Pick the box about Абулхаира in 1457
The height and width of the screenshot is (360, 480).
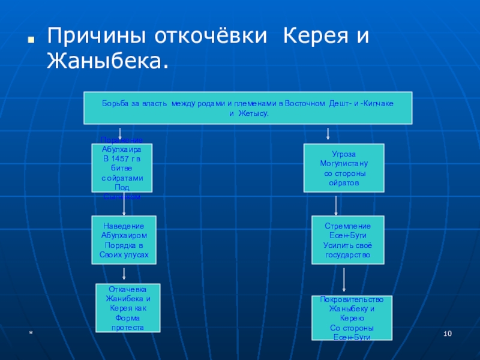pos(121,167)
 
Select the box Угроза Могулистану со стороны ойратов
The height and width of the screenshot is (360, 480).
pos(344,167)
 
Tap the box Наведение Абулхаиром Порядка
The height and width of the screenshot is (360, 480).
pos(124,240)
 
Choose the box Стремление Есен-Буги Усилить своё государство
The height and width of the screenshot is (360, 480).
pos(348,240)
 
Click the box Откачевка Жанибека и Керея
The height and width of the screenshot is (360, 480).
pos(128,308)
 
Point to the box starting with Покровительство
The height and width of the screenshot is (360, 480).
pos(352,318)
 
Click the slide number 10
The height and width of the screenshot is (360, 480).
pos(447,333)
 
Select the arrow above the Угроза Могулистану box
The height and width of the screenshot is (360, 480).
pos(328,133)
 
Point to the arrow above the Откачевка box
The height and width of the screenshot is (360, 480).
pos(124,274)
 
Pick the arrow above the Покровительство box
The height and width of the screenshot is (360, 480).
pos(344,279)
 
